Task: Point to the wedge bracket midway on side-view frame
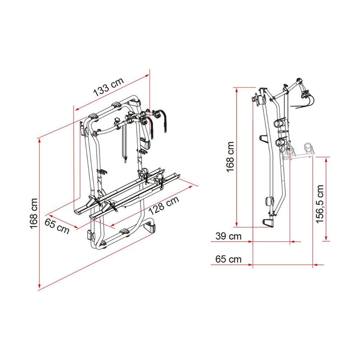[261, 138]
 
